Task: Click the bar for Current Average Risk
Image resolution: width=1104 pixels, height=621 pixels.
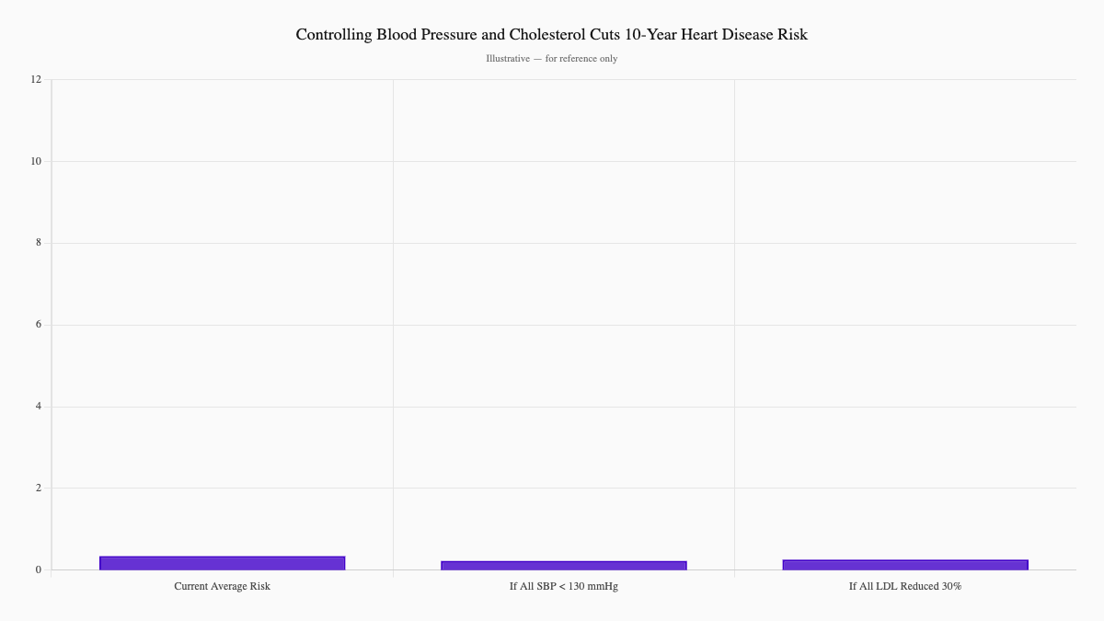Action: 222,563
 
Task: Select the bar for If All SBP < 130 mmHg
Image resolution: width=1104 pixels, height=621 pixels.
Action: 563,565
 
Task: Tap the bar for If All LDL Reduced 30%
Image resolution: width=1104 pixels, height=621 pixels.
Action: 905,565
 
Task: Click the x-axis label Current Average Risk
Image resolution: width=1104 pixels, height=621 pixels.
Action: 222,586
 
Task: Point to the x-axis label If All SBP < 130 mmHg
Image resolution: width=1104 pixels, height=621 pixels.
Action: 563,586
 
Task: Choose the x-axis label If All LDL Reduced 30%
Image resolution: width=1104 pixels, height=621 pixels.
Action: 905,586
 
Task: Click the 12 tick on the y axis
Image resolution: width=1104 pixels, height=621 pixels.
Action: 36,79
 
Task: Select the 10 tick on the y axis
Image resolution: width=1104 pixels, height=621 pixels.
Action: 36,161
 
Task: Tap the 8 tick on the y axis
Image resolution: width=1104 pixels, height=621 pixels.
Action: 39,243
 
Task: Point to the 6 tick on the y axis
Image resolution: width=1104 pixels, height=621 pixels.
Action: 39,325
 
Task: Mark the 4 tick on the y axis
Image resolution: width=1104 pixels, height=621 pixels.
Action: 39,407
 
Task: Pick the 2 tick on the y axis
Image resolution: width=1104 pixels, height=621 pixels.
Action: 39,488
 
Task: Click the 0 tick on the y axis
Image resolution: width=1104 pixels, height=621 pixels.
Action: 39,569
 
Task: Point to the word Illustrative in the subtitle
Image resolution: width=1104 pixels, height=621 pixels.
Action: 508,59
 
